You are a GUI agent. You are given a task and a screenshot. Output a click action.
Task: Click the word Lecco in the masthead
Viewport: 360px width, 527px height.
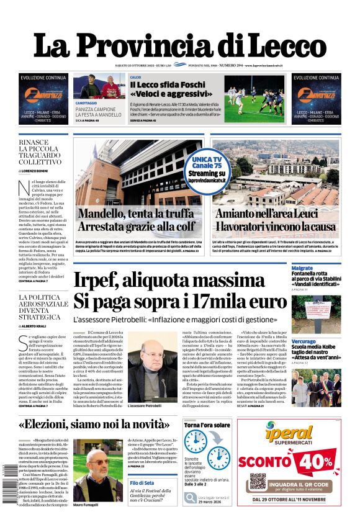click(282, 45)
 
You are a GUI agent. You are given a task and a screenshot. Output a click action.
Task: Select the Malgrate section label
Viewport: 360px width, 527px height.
click(302, 268)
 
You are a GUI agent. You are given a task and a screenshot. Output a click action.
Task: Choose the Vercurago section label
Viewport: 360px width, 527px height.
click(305, 341)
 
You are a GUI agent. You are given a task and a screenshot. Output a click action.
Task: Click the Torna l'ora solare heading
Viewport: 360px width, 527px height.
click(207, 425)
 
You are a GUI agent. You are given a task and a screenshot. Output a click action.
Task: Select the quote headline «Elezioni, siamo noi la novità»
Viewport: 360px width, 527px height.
click(95, 425)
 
